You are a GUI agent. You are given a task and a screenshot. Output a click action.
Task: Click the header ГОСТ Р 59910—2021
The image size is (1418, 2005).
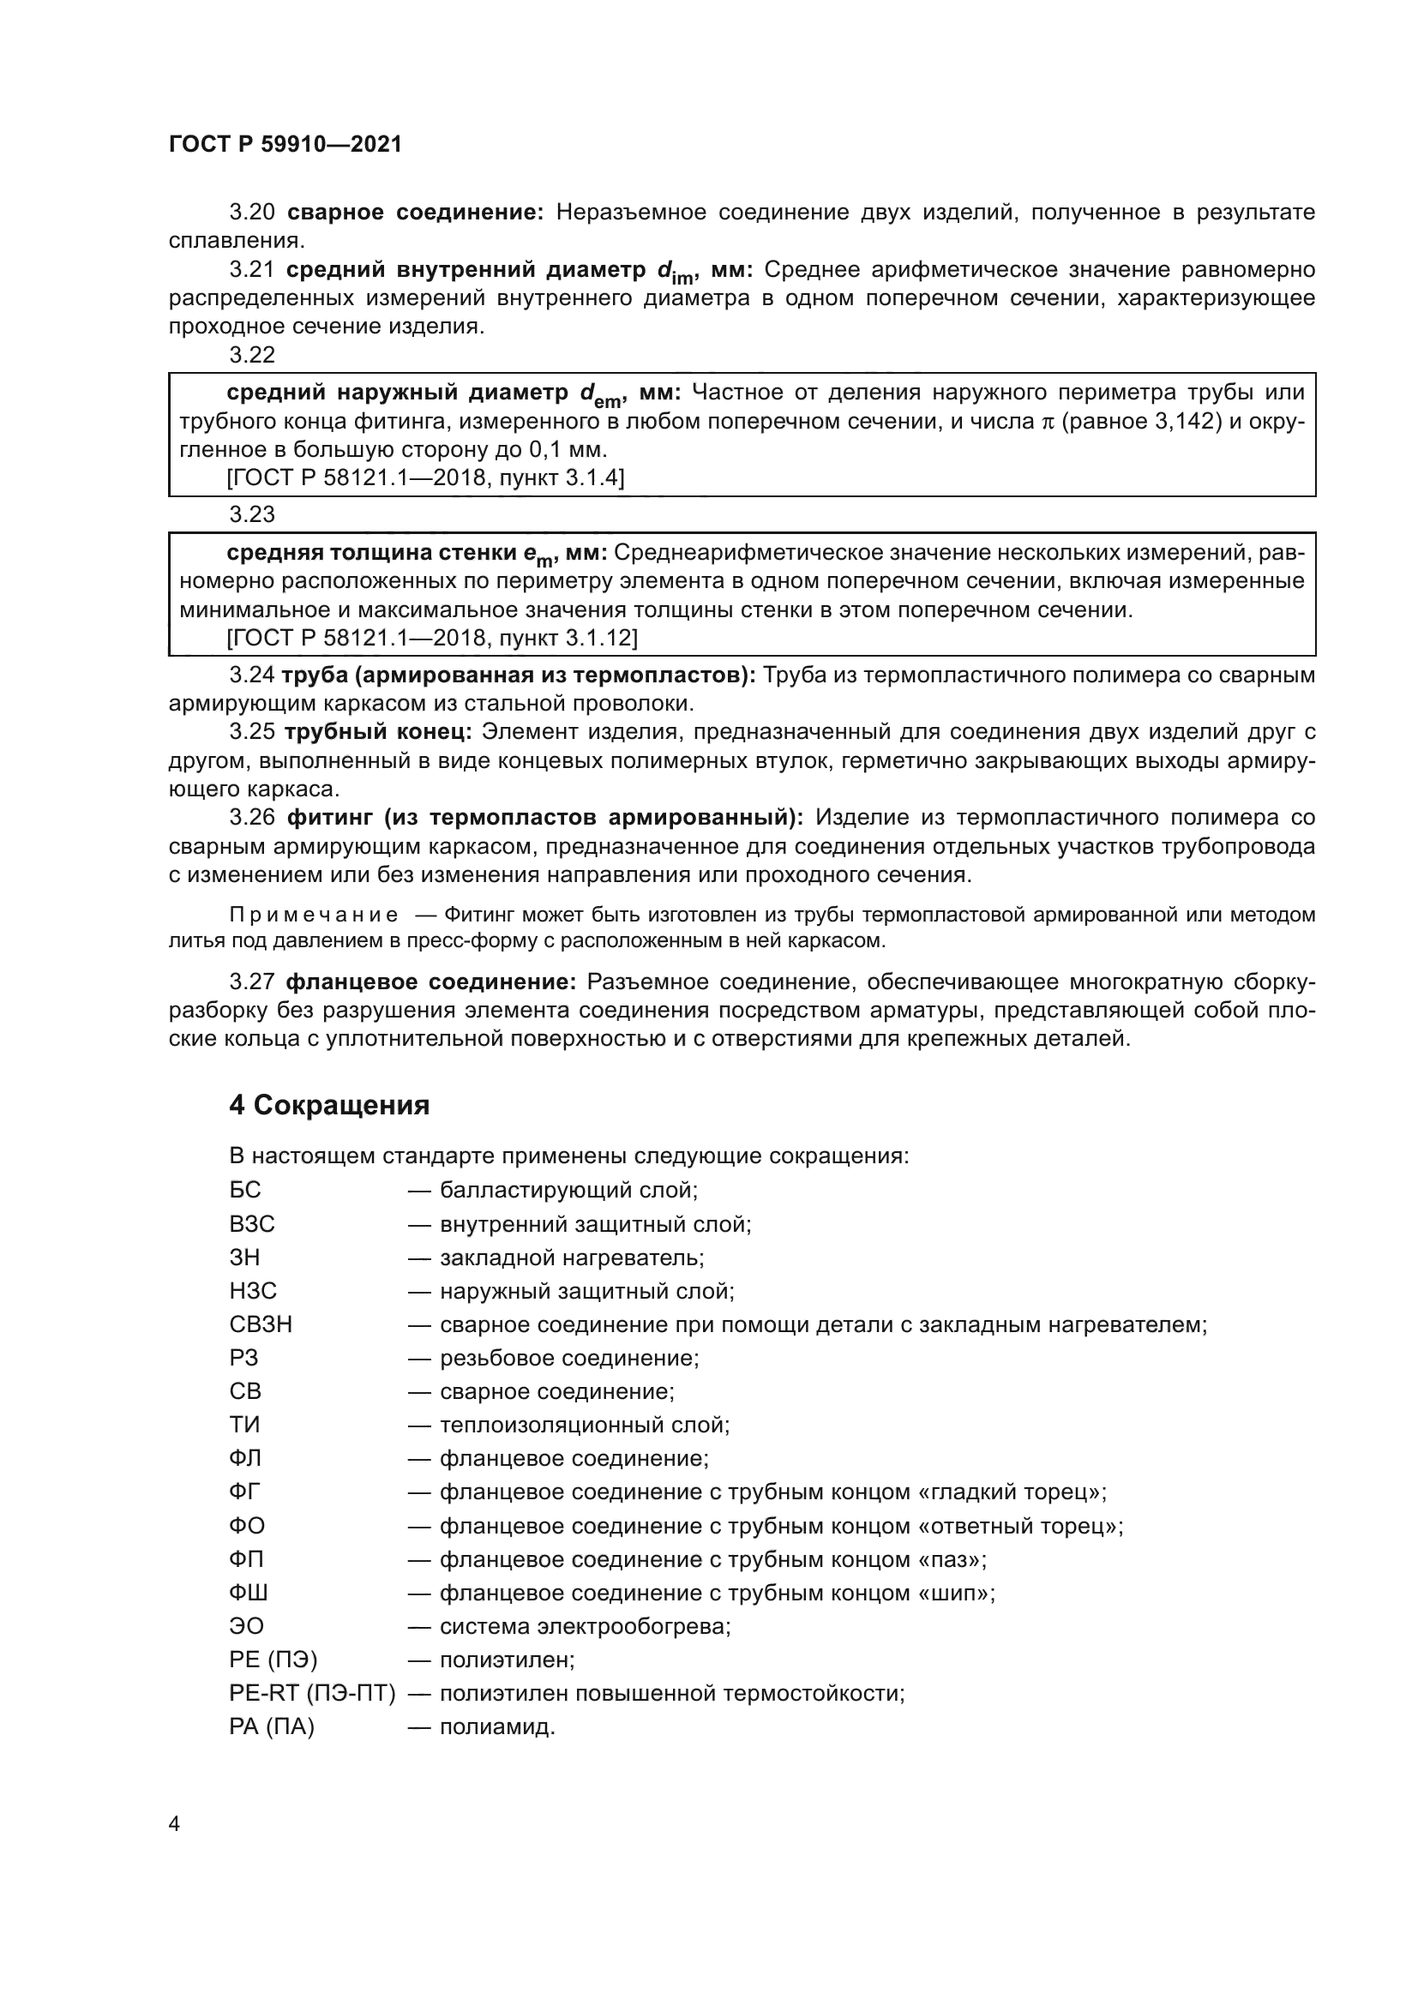pyautogui.click(x=285, y=145)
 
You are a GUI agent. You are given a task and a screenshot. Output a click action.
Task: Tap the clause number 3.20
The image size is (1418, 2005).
pyautogui.click(x=252, y=213)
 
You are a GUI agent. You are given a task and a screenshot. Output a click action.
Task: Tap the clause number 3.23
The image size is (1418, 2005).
pyautogui.click(x=252, y=514)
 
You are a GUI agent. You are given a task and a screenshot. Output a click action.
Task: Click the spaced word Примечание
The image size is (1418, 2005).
pyautogui.click(x=314, y=915)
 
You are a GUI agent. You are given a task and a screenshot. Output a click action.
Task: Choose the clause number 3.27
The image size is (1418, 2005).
pyautogui.click(x=252, y=982)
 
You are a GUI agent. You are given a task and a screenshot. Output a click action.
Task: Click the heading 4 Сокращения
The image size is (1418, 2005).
pyautogui.click(x=329, y=1106)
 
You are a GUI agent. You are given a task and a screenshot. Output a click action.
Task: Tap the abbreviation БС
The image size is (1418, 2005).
pyautogui.click(x=245, y=1191)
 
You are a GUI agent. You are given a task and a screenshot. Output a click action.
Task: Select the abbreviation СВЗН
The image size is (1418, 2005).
pyautogui.click(x=261, y=1324)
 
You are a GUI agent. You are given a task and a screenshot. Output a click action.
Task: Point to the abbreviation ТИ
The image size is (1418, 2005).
pyautogui.click(x=244, y=1426)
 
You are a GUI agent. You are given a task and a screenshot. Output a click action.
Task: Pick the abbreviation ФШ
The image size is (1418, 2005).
pyautogui.click(x=249, y=1593)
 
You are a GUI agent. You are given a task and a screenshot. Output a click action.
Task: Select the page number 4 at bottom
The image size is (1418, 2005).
pyautogui.click(x=174, y=1824)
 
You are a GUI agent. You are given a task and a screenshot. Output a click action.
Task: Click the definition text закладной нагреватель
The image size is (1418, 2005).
pyautogui.click(x=571, y=1258)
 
